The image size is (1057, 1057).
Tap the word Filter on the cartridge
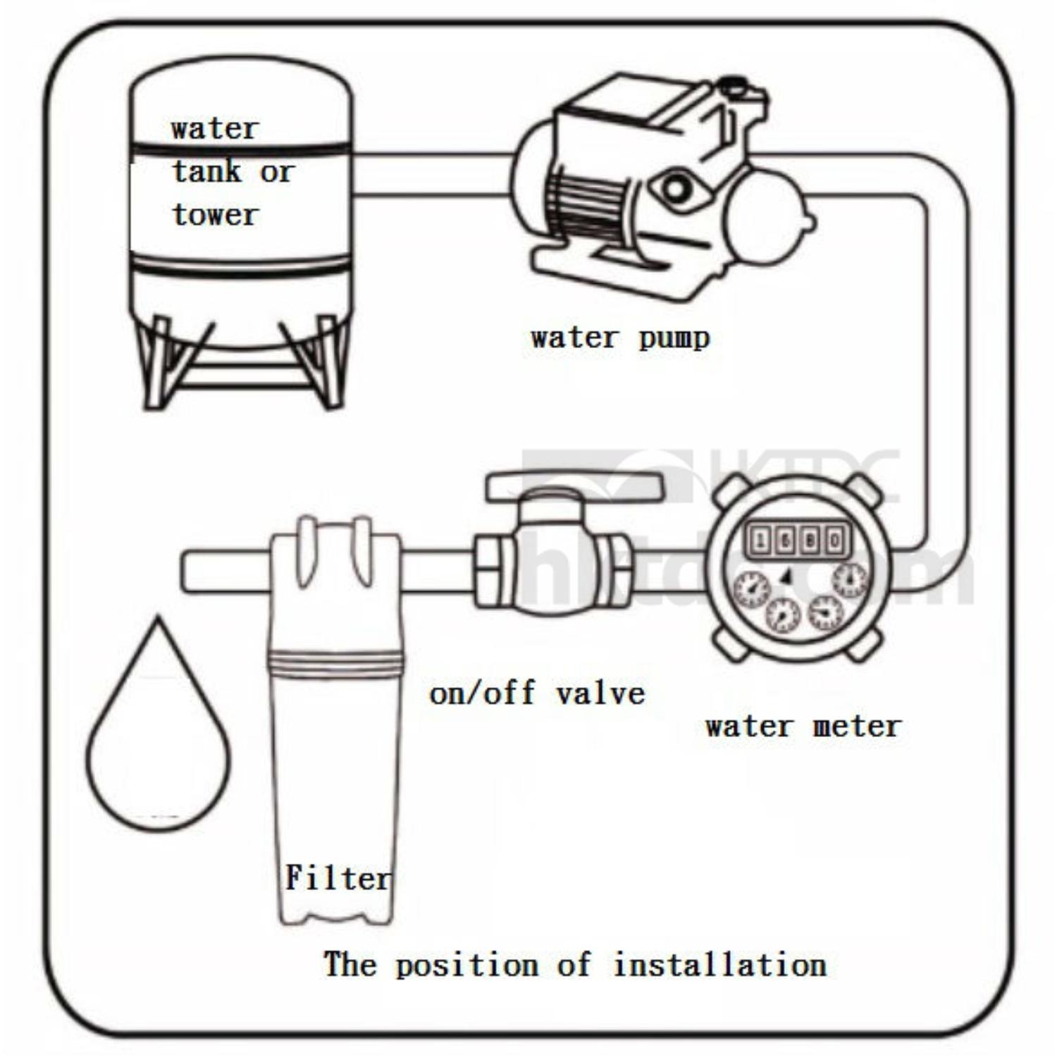[x=337, y=879]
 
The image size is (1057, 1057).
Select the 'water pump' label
[x=620, y=338]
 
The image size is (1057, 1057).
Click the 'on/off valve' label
[x=537, y=694]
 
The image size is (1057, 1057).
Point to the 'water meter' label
[x=803, y=727]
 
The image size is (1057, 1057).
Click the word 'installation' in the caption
[x=720, y=965]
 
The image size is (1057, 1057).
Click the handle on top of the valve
[x=574, y=487]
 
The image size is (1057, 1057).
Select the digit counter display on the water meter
[x=798, y=540]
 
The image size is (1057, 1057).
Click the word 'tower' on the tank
[x=216, y=215]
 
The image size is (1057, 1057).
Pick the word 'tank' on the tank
[x=207, y=171]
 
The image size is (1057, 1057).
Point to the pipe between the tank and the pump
[x=431, y=173]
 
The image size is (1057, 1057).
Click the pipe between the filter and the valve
[x=437, y=571]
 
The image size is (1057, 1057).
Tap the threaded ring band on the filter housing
[x=335, y=663]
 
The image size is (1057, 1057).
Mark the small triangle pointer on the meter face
[x=787, y=576]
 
